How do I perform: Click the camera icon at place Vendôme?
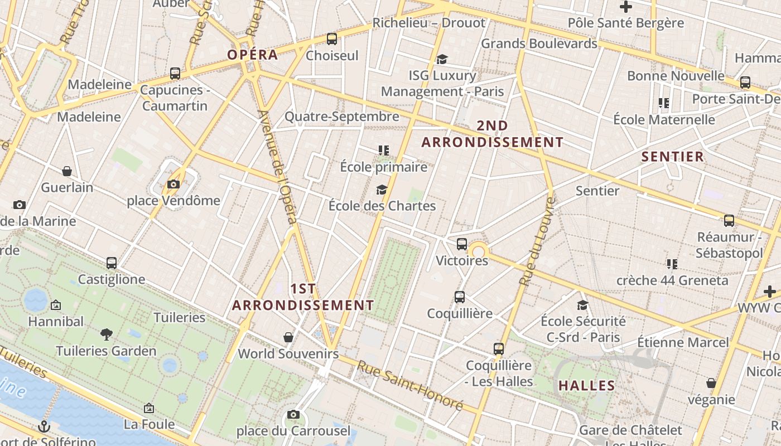(173, 184)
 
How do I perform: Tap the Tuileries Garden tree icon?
(107, 334)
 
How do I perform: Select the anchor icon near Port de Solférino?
(44, 426)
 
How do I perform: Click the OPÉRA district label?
(252, 55)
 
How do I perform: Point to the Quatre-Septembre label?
(342, 117)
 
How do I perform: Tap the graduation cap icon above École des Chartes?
(382, 190)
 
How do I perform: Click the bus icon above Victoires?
(462, 244)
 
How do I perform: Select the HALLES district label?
(586, 385)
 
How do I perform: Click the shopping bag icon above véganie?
(711, 383)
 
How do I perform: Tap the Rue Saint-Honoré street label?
(410, 385)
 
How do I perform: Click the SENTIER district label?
(673, 157)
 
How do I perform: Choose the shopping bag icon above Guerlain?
(67, 171)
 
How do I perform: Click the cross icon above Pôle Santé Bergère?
(626, 7)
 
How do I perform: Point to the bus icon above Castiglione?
(112, 263)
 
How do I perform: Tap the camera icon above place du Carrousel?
(293, 414)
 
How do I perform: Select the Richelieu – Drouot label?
(429, 23)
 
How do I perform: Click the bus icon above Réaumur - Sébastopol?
(729, 220)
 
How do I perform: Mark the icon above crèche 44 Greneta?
(672, 264)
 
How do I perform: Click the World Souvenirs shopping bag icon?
(288, 337)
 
